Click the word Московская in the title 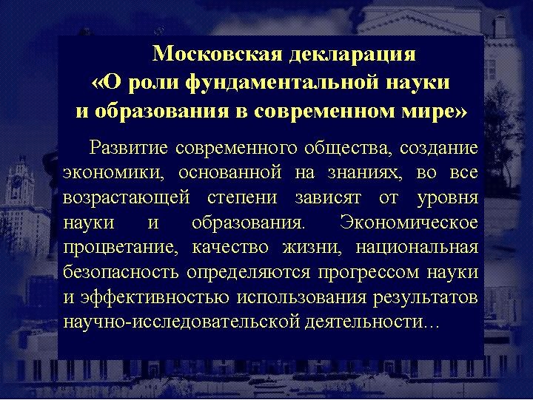[217, 53]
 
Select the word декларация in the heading [352, 55]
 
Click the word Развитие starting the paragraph [129, 149]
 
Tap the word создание [438, 148]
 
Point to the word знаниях [363, 173]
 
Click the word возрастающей [127, 198]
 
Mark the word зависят [327, 197]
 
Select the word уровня [447, 199]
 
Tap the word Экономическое [409, 223]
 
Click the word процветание [121, 248]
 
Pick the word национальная [417, 248]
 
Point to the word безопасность [121, 272]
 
